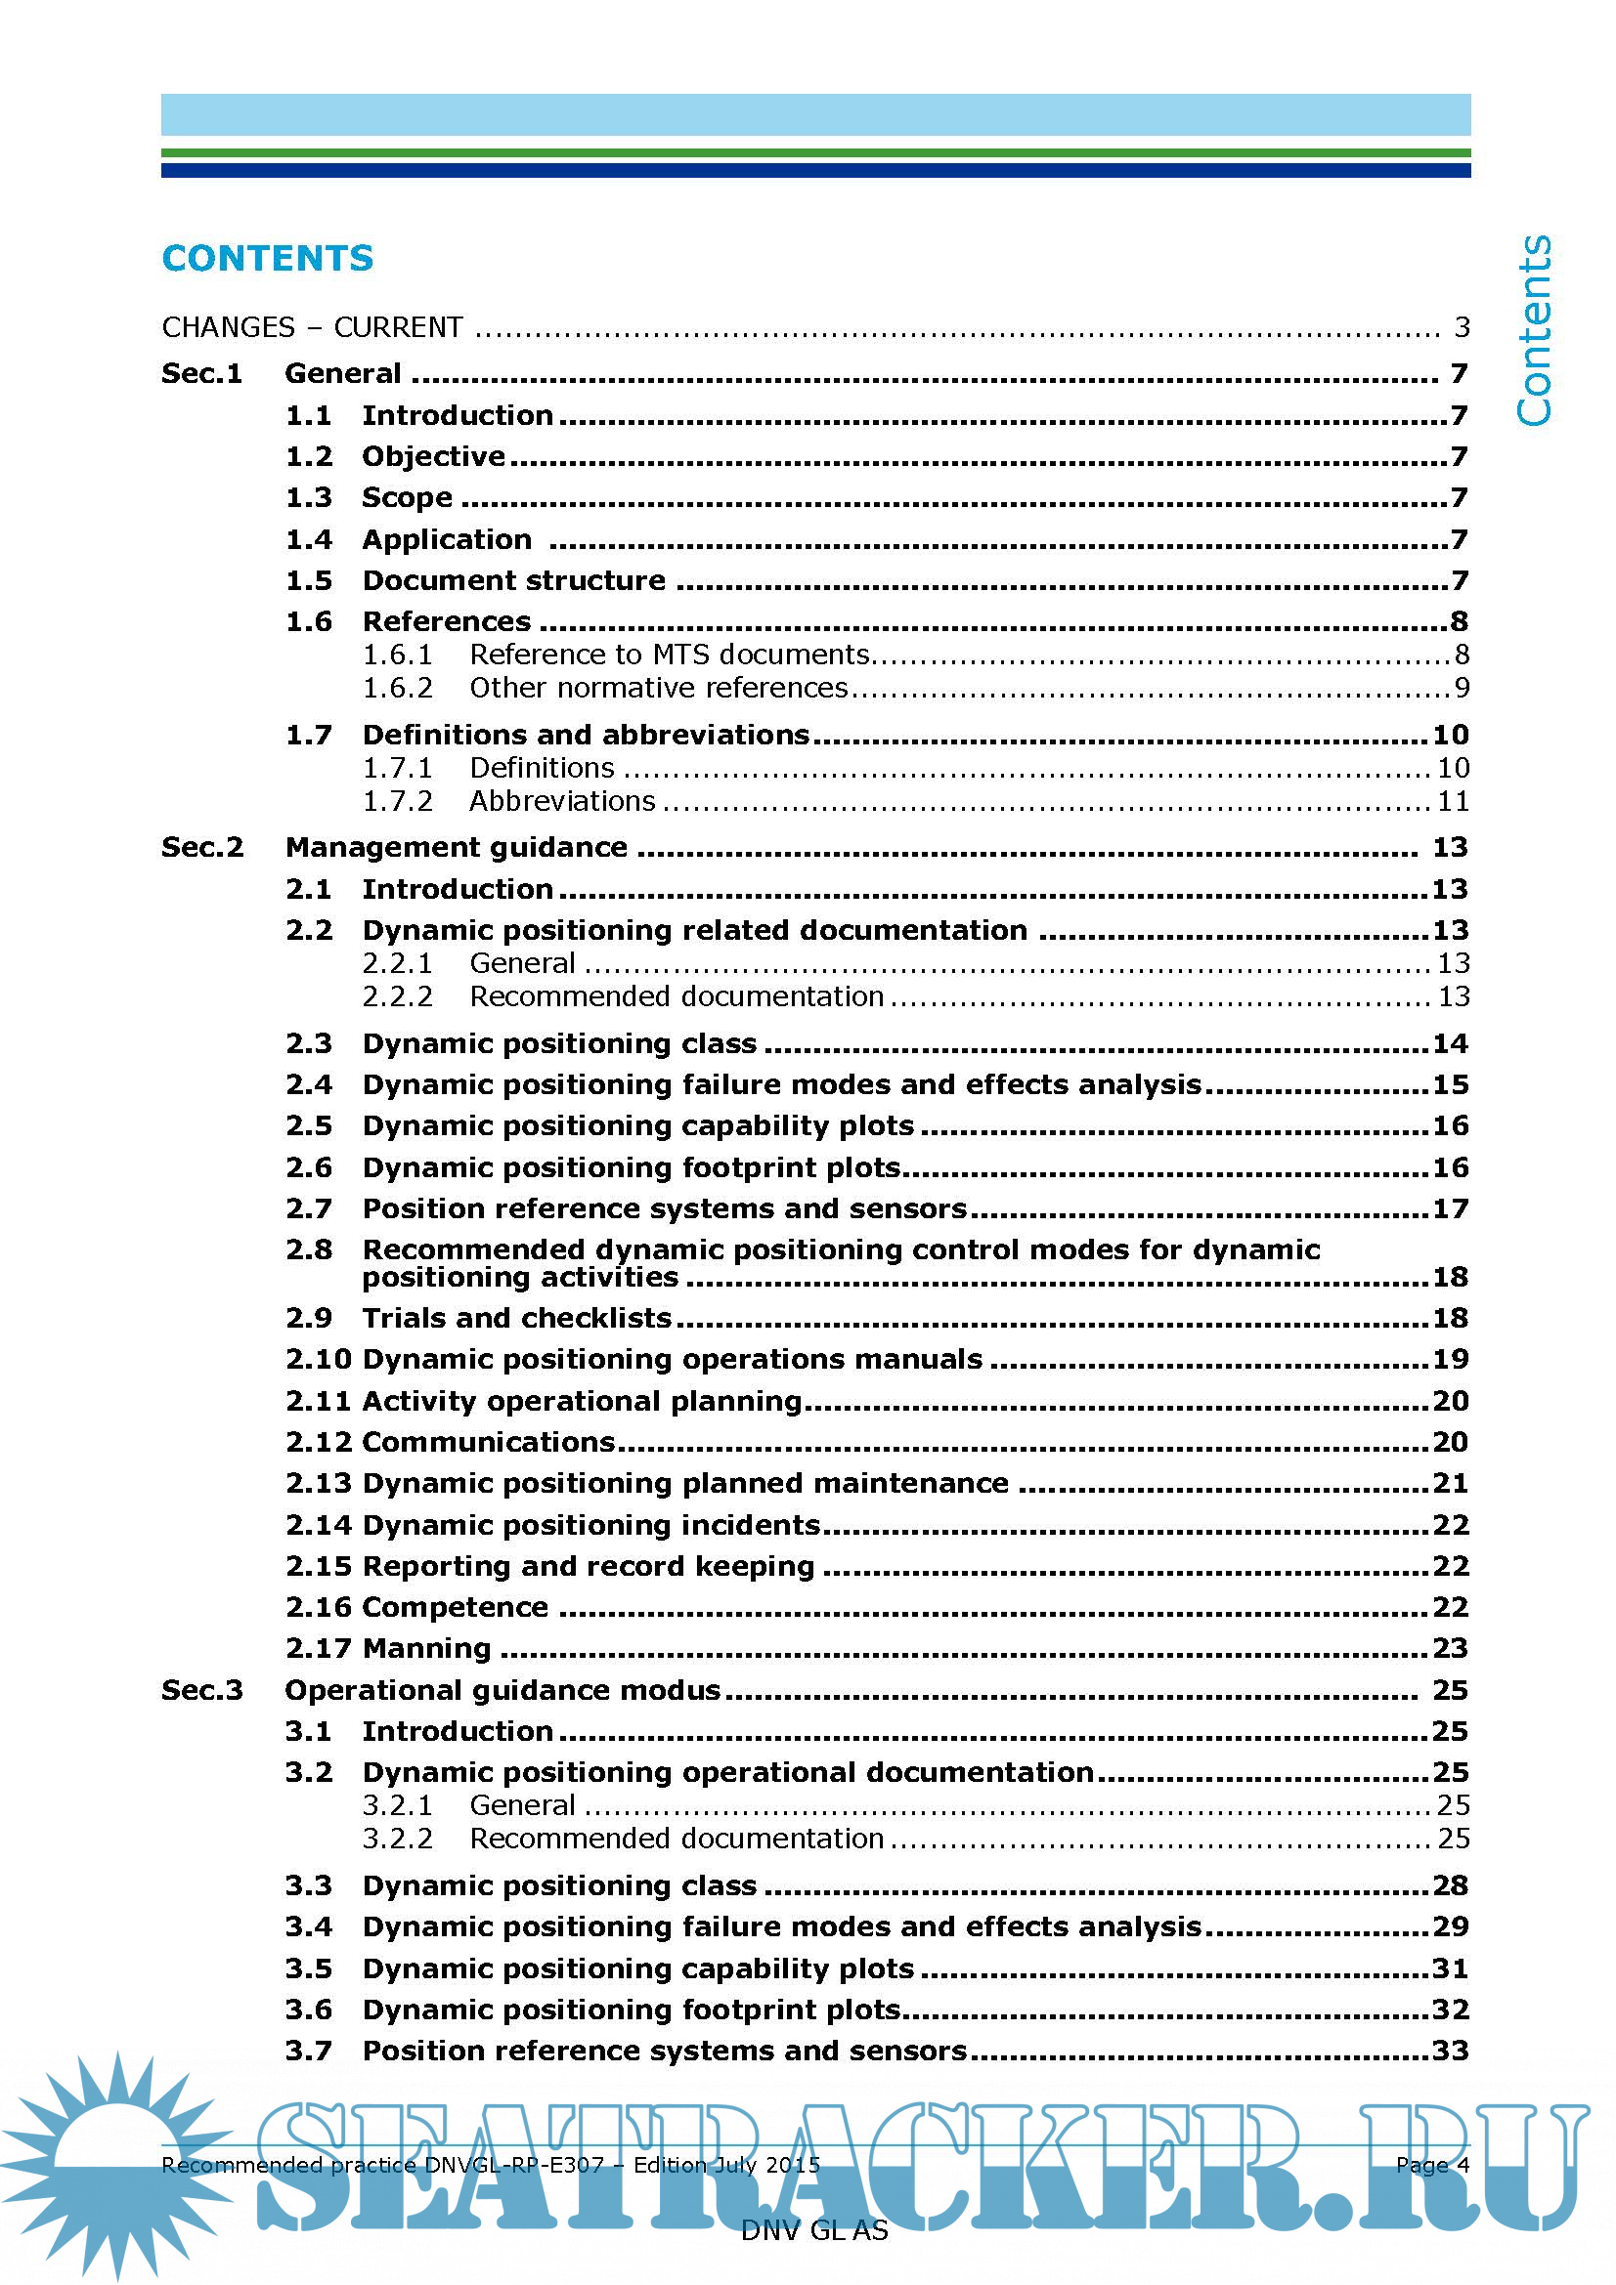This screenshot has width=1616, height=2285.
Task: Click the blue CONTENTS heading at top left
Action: (267, 259)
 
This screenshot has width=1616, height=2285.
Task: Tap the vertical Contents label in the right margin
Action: (1533, 330)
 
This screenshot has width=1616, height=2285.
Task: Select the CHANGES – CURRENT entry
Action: (312, 327)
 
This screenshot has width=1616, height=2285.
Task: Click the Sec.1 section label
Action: (202, 373)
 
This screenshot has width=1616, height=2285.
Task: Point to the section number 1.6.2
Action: (397, 688)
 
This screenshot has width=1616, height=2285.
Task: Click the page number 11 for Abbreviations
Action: (1453, 801)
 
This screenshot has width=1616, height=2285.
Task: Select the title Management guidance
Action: (456, 847)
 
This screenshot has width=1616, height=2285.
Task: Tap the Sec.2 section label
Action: (202, 847)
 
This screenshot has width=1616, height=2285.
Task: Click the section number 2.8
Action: (309, 1249)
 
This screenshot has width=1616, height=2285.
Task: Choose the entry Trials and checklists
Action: (517, 1318)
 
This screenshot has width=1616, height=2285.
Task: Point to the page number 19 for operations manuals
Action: (1451, 1359)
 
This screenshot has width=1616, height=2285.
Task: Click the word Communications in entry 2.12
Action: (489, 1441)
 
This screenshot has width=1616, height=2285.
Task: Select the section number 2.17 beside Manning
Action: (319, 1648)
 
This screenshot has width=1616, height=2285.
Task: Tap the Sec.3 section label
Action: (202, 1690)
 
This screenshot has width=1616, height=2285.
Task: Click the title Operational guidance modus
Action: (502, 1690)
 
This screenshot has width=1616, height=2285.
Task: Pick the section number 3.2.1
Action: (397, 1805)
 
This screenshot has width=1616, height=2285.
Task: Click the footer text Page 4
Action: (1432, 2165)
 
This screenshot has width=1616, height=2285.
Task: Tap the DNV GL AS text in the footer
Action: (813, 2230)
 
